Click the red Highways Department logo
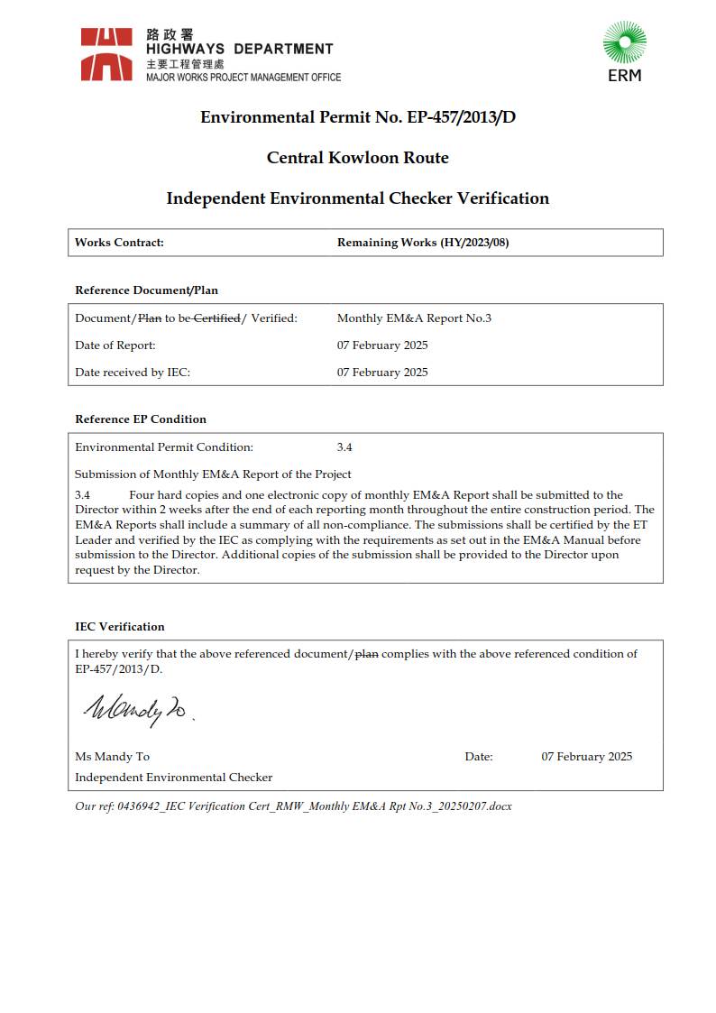(106, 54)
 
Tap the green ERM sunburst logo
(624, 44)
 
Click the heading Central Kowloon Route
(357, 158)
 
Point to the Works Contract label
(119, 243)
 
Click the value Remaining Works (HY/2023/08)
(423, 243)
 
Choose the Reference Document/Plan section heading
(146, 290)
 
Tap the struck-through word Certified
(217, 318)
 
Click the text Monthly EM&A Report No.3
(414, 318)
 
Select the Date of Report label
(115, 345)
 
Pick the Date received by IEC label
(133, 373)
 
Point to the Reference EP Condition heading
(141, 419)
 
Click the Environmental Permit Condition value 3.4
(344, 447)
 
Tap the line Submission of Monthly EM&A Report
(213, 474)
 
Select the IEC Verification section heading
(120, 627)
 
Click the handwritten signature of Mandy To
(135, 710)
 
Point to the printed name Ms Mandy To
(112, 757)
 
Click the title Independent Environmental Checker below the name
(173, 778)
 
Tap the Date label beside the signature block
(479, 757)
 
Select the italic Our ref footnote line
(293, 806)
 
